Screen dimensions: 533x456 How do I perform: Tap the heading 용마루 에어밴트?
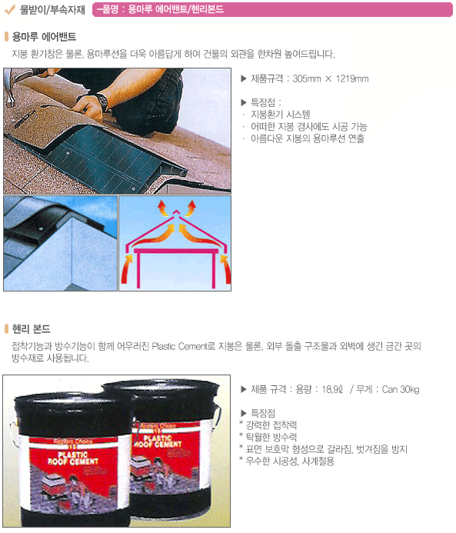[x=44, y=37]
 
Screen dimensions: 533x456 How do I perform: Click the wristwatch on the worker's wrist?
[x=102, y=100]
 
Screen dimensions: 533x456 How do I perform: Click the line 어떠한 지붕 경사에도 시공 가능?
[x=308, y=127]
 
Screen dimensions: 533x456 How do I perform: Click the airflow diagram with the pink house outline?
[x=175, y=243]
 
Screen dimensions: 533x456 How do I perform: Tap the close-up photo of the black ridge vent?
[x=60, y=243]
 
